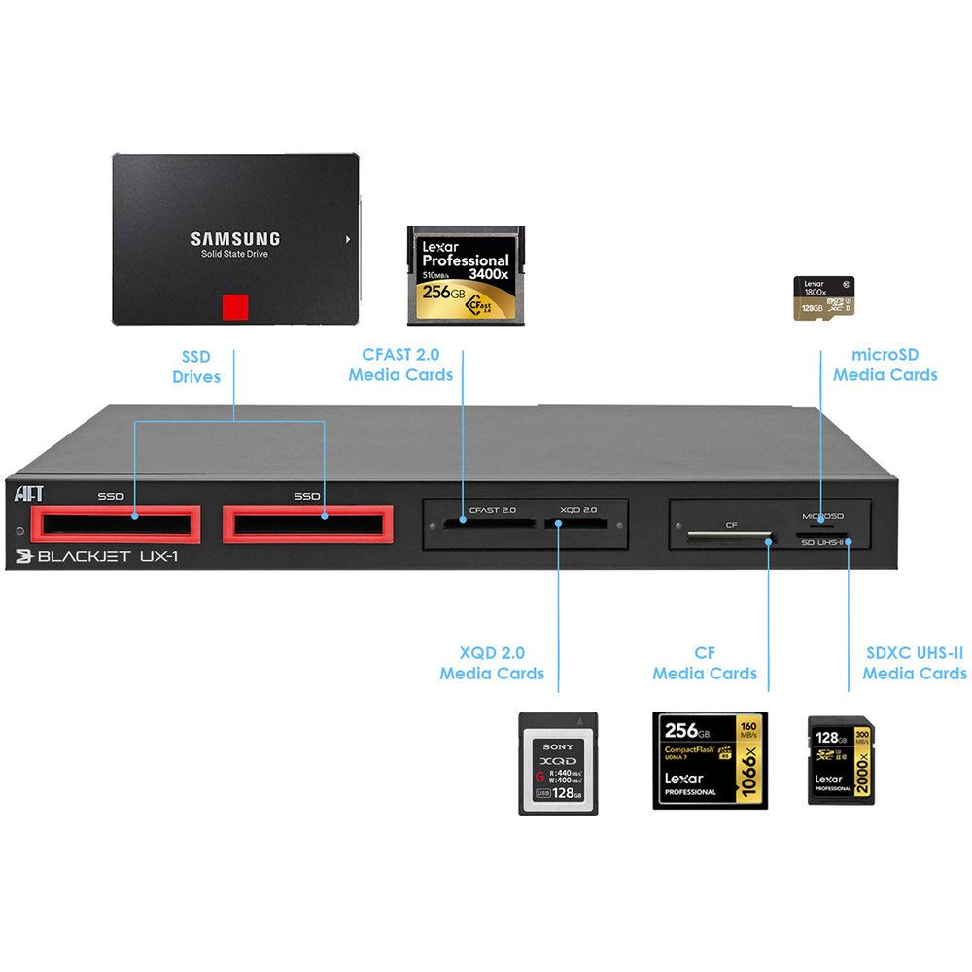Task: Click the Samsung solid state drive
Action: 235,238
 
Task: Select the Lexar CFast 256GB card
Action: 466,275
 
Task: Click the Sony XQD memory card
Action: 557,763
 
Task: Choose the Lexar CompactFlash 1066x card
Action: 709,760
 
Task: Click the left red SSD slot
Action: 115,524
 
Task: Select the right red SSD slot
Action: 307,524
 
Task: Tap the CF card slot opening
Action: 729,535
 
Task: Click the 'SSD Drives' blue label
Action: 196,366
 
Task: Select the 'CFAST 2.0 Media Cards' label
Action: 400,365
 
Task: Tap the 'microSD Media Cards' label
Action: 885,364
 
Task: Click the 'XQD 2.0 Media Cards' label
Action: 492,663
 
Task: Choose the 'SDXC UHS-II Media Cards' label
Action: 914,663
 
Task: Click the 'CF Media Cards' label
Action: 705,663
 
